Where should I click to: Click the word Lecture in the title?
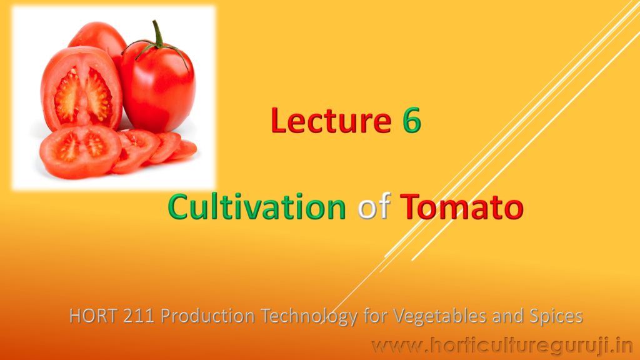pyautogui.click(x=331, y=120)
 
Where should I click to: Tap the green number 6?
pyautogui.click(x=412, y=121)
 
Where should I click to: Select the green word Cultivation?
pyautogui.click(x=257, y=206)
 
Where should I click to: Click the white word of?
pyautogui.click(x=374, y=206)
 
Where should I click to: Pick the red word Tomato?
pyautogui.click(x=462, y=207)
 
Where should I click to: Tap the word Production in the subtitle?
pyautogui.click(x=207, y=316)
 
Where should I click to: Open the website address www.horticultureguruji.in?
pyautogui.click(x=502, y=346)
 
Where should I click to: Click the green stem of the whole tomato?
pyautogui.click(x=157, y=39)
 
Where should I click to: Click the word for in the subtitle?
pyautogui.click(x=375, y=316)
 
